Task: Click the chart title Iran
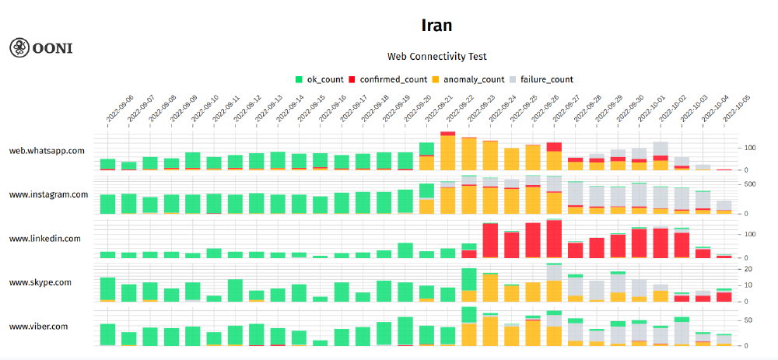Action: click(436, 25)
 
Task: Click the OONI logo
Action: click(40, 47)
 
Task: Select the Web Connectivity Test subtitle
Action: click(436, 56)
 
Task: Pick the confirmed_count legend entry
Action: click(388, 79)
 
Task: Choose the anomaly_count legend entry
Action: click(468, 79)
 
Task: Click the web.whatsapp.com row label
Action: click(47, 151)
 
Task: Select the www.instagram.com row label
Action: click(48, 194)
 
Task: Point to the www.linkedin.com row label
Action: click(45, 239)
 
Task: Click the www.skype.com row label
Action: click(40, 282)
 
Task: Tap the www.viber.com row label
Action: click(38, 326)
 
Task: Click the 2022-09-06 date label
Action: click(120, 110)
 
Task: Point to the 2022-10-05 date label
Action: click(736, 110)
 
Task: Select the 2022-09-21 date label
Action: click(439, 110)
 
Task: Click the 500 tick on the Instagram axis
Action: click(751, 184)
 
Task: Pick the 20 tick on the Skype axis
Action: click(748, 269)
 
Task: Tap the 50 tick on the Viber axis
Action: click(748, 320)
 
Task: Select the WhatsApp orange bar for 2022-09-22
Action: click(448, 153)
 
